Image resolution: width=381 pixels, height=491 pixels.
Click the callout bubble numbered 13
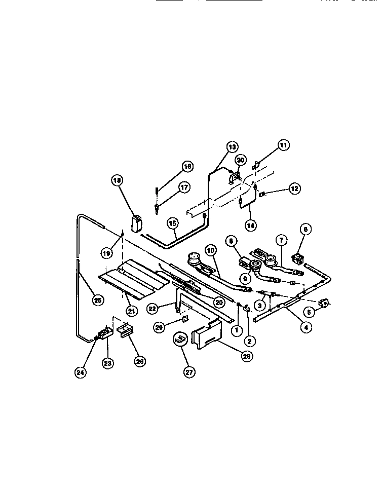point(232,147)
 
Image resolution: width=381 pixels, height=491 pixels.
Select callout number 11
point(283,145)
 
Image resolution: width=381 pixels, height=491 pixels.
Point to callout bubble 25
point(97,300)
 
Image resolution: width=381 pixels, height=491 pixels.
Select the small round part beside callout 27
point(179,340)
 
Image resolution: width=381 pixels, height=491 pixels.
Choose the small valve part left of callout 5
point(323,304)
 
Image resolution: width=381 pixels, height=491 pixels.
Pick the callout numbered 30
point(241,160)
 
